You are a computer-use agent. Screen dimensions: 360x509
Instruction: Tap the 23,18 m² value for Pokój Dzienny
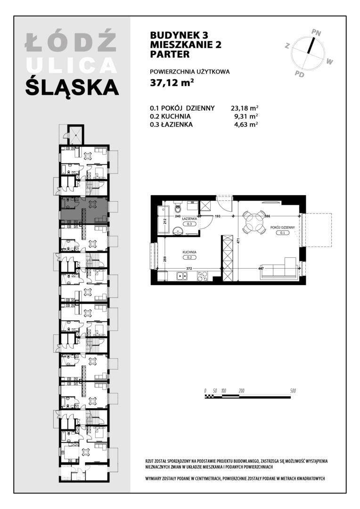click(245, 108)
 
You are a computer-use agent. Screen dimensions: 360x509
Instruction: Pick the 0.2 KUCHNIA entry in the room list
click(170, 116)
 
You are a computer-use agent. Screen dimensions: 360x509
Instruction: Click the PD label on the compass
click(300, 74)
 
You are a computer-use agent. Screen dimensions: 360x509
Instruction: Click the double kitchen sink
click(181, 276)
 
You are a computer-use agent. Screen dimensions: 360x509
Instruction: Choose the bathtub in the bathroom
click(162, 220)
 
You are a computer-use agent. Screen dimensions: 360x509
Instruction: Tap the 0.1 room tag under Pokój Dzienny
click(282, 233)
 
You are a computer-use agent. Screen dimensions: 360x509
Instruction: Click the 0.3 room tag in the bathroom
click(189, 224)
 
